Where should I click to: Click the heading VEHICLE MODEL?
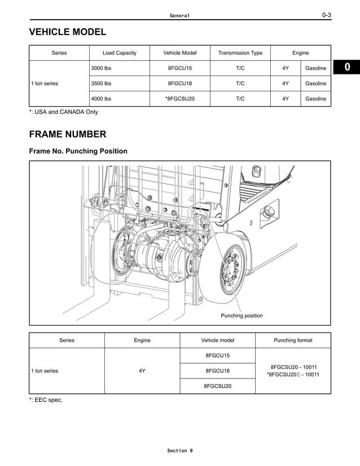click(x=67, y=32)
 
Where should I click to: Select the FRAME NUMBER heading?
click(x=67, y=134)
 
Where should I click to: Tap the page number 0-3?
click(x=326, y=15)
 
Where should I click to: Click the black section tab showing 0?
click(x=347, y=68)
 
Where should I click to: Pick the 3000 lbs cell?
click(x=102, y=68)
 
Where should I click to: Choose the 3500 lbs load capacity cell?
click(x=102, y=83)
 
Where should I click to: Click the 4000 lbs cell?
click(x=102, y=99)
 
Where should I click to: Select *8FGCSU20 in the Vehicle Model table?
click(x=179, y=99)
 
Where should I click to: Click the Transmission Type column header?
click(x=240, y=53)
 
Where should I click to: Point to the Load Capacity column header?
click(x=119, y=53)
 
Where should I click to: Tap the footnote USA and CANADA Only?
click(x=63, y=112)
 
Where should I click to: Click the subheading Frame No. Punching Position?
click(x=78, y=151)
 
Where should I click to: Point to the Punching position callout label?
click(x=242, y=315)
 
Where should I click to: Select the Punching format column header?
click(x=293, y=340)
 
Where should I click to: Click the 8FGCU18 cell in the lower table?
click(x=217, y=371)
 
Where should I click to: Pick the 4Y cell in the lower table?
click(x=142, y=371)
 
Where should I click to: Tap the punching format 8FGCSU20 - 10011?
click(x=293, y=367)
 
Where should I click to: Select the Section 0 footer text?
click(x=179, y=451)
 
